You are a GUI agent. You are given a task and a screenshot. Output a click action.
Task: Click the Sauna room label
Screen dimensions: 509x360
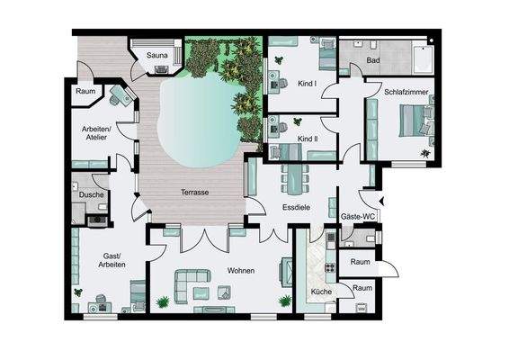(x=156, y=55)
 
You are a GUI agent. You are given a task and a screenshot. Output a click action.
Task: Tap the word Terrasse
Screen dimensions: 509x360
(x=195, y=193)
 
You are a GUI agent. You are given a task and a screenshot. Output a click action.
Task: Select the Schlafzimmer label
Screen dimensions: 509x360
(x=406, y=92)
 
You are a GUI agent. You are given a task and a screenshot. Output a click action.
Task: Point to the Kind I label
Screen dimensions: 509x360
(x=307, y=84)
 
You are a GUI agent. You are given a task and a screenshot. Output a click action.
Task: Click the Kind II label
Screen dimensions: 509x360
(x=308, y=139)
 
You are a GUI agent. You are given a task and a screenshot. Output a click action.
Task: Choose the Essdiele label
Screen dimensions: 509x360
(x=297, y=207)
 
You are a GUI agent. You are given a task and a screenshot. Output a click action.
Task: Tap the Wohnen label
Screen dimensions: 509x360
(x=241, y=271)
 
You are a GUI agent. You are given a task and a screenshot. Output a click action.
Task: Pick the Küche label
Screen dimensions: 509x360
(x=321, y=292)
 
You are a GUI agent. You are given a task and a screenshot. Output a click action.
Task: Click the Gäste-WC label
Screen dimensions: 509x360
(x=358, y=217)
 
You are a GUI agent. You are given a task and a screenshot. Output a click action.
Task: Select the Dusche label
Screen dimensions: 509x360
(x=92, y=194)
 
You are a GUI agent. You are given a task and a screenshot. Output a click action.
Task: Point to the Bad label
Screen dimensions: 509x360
(x=373, y=60)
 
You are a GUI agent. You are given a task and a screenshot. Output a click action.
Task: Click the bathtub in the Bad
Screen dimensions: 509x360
(x=423, y=59)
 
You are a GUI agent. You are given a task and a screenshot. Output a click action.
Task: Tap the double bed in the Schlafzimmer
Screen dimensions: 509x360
(x=416, y=121)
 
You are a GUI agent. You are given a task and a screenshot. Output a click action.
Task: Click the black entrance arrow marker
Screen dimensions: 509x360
(x=381, y=201)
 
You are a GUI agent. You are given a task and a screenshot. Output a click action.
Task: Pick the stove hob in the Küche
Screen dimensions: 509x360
(x=330, y=267)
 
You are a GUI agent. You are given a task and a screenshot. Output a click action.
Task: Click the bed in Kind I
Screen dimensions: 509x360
(x=327, y=54)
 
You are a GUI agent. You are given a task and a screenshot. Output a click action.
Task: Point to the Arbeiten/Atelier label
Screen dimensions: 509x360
(x=96, y=133)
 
